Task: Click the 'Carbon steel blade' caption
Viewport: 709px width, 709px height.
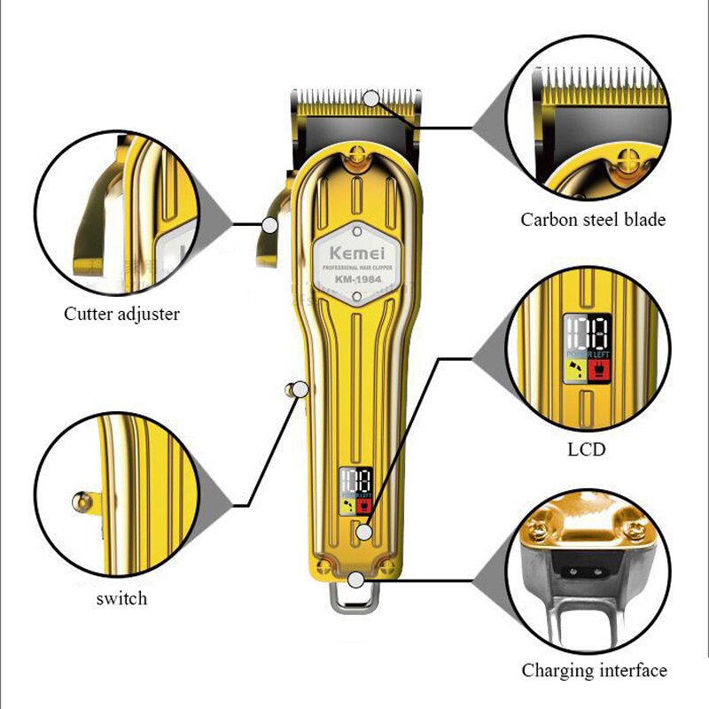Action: pyautogui.click(x=592, y=220)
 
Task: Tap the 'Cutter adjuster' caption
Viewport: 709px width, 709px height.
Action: pyautogui.click(x=121, y=313)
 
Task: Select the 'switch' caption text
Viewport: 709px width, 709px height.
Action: pyautogui.click(x=121, y=598)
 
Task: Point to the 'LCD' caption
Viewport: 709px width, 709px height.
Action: pyautogui.click(x=586, y=449)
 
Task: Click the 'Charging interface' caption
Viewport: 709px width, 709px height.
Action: pyautogui.click(x=593, y=670)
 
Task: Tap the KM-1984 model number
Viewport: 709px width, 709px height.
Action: pyautogui.click(x=354, y=279)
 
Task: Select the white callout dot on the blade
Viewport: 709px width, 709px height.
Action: pyautogui.click(x=371, y=98)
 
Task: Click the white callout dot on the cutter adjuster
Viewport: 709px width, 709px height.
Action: pyautogui.click(x=269, y=224)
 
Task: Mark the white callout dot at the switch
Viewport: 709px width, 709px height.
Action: pyautogui.click(x=300, y=388)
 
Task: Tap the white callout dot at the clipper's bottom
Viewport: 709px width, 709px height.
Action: pyautogui.click(x=355, y=580)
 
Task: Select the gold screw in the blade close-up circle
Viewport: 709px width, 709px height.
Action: pyautogui.click(x=631, y=160)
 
